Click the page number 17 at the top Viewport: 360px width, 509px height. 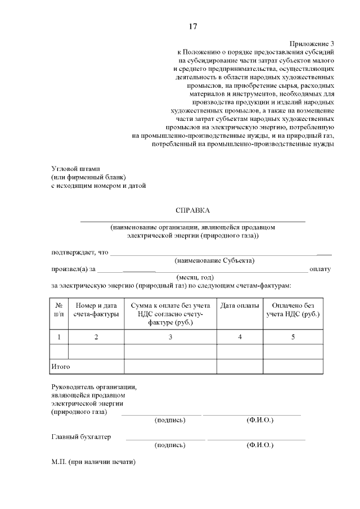[192, 26]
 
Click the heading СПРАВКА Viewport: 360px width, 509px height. [193, 210]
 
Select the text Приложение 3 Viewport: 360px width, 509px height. [312, 43]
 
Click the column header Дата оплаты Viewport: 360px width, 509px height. [240, 305]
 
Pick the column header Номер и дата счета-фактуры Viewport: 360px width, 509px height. [96, 309]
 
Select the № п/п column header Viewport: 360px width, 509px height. [59, 309]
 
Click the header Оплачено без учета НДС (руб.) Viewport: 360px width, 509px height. [293, 309]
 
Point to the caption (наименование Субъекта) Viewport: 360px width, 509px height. [214, 260]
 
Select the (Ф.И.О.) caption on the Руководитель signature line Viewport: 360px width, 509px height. [260, 420]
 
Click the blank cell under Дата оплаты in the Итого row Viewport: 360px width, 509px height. [240, 367]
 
